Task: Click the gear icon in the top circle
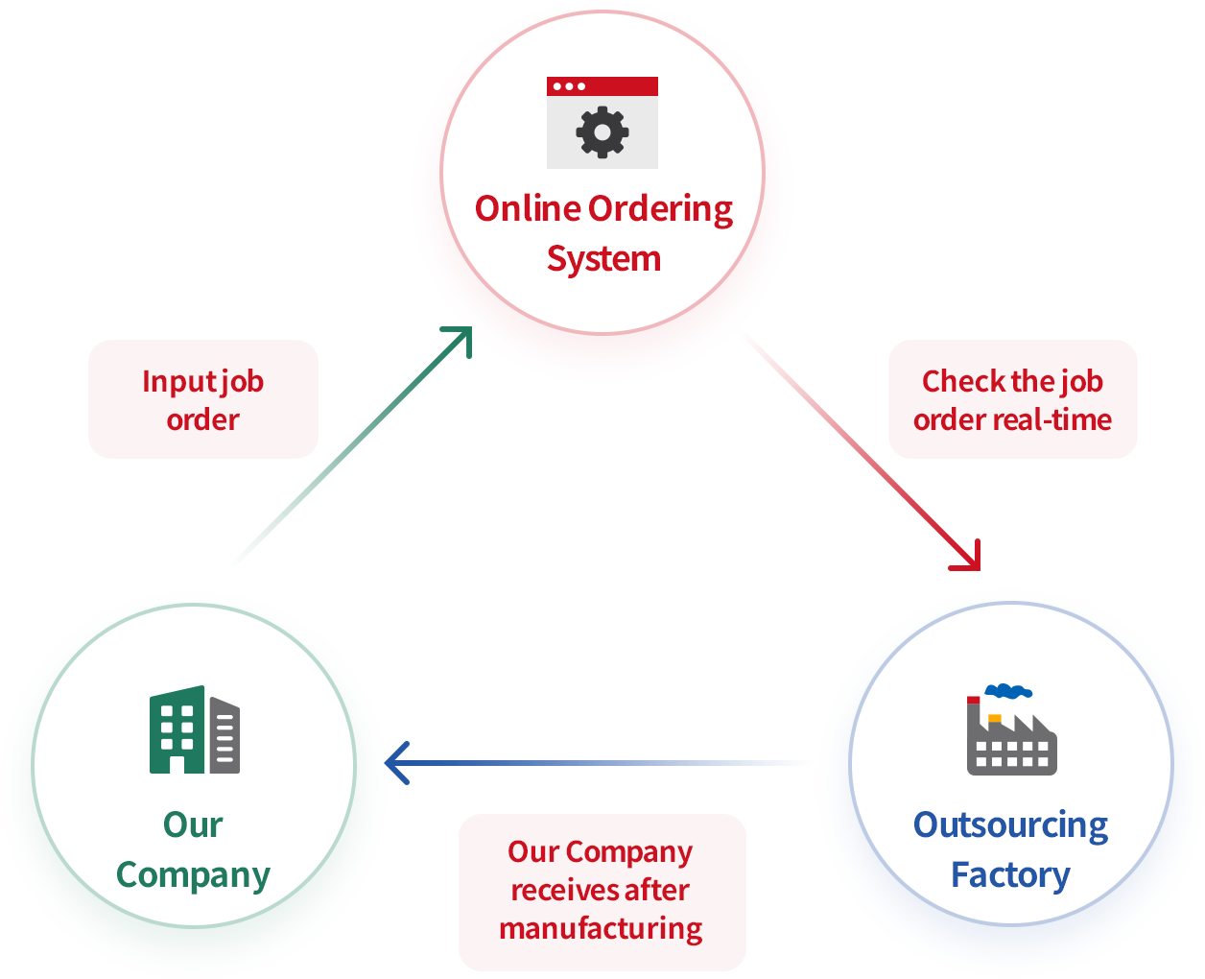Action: (x=602, y=132)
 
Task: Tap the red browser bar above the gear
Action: (x=602, y=86)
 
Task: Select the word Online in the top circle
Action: (x=528, y=208)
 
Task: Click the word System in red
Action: (x=603, y=259)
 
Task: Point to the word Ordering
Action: (x=660, y=210)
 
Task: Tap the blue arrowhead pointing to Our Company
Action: (x=394, y=763)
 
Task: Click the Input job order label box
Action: (x=203, y=399)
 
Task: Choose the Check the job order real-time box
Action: (x=1012, y=399)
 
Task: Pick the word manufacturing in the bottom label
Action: (x=601, y=929)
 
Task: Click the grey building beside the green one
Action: (x=225, y=737)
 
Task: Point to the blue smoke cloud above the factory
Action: (x=1008, y=690)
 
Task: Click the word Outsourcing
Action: (x=1010, y=825)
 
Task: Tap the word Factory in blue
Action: (x=1010, y=875)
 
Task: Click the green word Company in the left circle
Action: (x=193, y=875)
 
